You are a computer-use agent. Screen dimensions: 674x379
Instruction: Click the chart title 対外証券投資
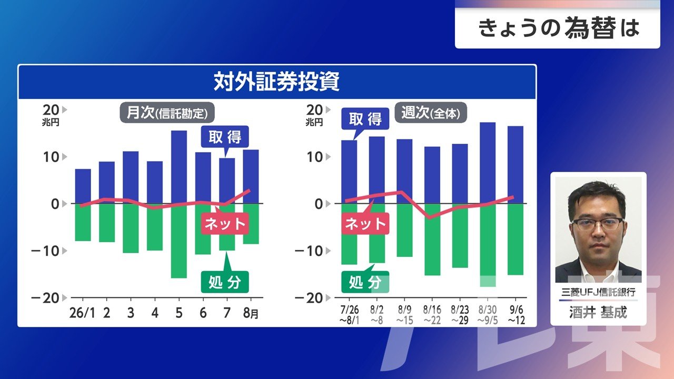tap(276, 81)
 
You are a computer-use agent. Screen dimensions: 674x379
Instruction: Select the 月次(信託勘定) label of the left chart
tap(167, 113)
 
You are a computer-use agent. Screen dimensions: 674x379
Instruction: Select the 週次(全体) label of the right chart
tap(431, 113)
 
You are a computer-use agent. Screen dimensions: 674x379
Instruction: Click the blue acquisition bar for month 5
tap(179, 167)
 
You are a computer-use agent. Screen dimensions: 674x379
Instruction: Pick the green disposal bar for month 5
tap(179, 241)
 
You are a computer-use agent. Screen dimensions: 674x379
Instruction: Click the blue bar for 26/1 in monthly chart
tap(83, 186)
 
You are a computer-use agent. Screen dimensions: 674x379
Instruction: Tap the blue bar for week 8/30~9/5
tap(488, 163)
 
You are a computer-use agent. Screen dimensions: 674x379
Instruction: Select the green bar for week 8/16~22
tap(432, 240)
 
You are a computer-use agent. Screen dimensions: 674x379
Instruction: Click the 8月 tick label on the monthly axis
tap(251, 313)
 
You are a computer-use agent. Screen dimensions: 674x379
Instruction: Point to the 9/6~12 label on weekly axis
tap(517, 315)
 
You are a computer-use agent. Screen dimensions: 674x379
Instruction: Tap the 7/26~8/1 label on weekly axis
tap(349, 315)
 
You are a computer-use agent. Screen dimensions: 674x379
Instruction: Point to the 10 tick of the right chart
tap(314, 157)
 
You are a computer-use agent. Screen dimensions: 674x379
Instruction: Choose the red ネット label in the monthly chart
tap(225, 224)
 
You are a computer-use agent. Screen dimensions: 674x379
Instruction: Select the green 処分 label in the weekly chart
tap(365, 282)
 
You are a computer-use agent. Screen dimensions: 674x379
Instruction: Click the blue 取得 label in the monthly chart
tap(225, 137)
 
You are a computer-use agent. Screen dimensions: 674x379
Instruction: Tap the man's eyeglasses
tap(597, 224)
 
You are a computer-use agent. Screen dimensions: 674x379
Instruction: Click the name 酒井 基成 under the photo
tap(598, 312)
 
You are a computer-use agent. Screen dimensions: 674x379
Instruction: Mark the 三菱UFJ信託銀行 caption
tap(598, 292)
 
